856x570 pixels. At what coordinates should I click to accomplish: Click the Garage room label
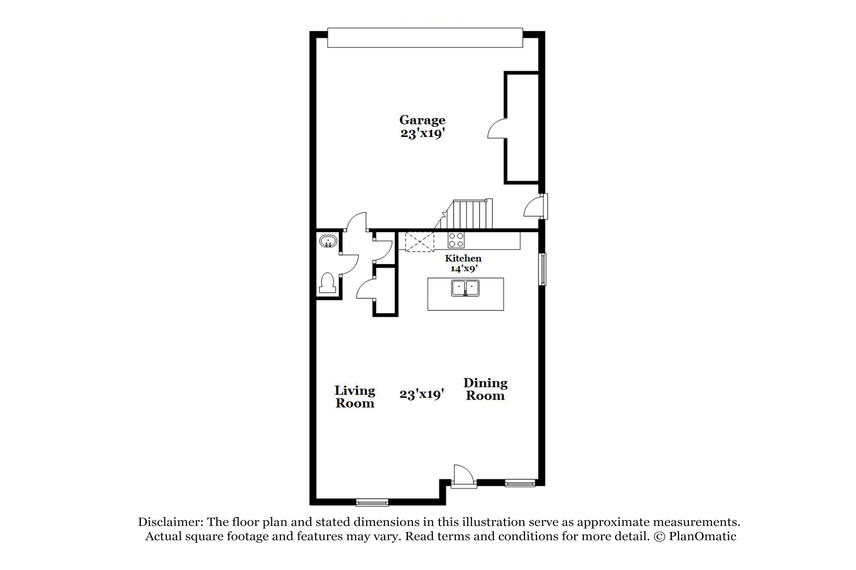pyautogui.click(x=422, y=120)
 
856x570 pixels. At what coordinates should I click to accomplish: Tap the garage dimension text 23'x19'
pyautogui.click(x=423, y=134)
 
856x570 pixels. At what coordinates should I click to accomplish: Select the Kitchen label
pyautogui.click(x=463, y=258)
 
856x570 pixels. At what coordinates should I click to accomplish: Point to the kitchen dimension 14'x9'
pyautogui.click(x=463, y=269)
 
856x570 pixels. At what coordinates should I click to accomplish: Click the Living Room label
pyautogui.click(x=355, y=397)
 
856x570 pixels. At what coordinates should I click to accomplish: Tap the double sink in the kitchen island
pyautogui.click(x=465, y=288)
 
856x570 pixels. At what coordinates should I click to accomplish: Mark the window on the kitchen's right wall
pyautogui.click(x=542, y=269)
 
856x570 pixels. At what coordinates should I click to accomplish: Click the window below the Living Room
pyautogui.click(x=372, y=503)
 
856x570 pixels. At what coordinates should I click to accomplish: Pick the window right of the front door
pyautogui.click(x=520, y=483)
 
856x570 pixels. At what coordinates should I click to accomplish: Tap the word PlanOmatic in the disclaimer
pyautogui.click(x=702, y=537)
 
